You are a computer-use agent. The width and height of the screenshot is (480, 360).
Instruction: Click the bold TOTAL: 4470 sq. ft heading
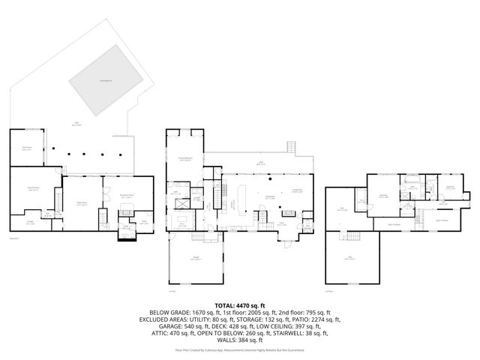coord(239,305)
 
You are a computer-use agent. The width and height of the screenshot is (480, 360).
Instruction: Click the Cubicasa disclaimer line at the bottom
coord(239,349)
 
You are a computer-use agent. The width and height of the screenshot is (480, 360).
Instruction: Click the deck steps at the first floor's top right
coord(291,146)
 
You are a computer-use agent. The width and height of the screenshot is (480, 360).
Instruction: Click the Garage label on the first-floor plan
coord(194,258)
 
